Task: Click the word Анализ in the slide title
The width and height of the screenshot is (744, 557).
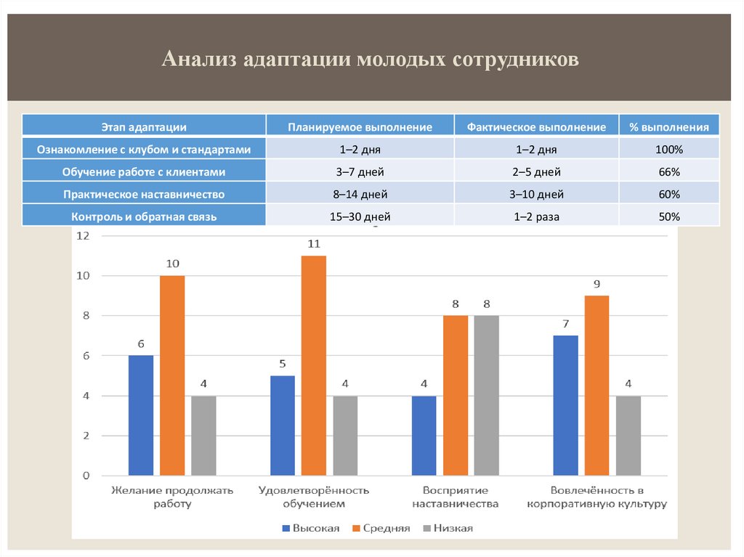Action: point(200,59)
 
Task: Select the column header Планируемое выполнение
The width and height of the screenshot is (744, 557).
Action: point(360,127)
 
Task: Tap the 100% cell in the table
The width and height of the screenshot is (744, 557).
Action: point(669,150)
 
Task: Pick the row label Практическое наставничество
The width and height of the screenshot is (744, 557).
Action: point(144,195)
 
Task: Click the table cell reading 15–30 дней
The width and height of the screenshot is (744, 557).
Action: point(360,216)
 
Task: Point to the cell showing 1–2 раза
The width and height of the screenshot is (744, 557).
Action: point(536,216)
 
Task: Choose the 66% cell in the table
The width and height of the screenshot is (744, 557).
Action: point(669,172)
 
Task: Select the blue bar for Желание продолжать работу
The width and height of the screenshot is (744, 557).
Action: point(141,415)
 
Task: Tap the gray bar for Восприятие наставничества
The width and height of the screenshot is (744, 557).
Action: point(487,395)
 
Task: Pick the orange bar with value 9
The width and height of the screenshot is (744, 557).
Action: point(597,386)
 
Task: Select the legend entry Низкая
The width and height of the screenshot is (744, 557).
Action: point(453,528)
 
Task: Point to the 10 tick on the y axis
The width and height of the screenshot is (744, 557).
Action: point(85,276)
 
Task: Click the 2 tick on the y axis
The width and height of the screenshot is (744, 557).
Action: point(86,436)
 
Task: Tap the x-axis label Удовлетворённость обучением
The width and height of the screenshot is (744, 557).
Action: point(313,497)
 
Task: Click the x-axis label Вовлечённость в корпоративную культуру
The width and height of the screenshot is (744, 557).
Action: point(597,497)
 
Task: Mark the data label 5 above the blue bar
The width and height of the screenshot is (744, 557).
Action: point(282,365)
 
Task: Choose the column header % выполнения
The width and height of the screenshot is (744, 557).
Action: point(669,127)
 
